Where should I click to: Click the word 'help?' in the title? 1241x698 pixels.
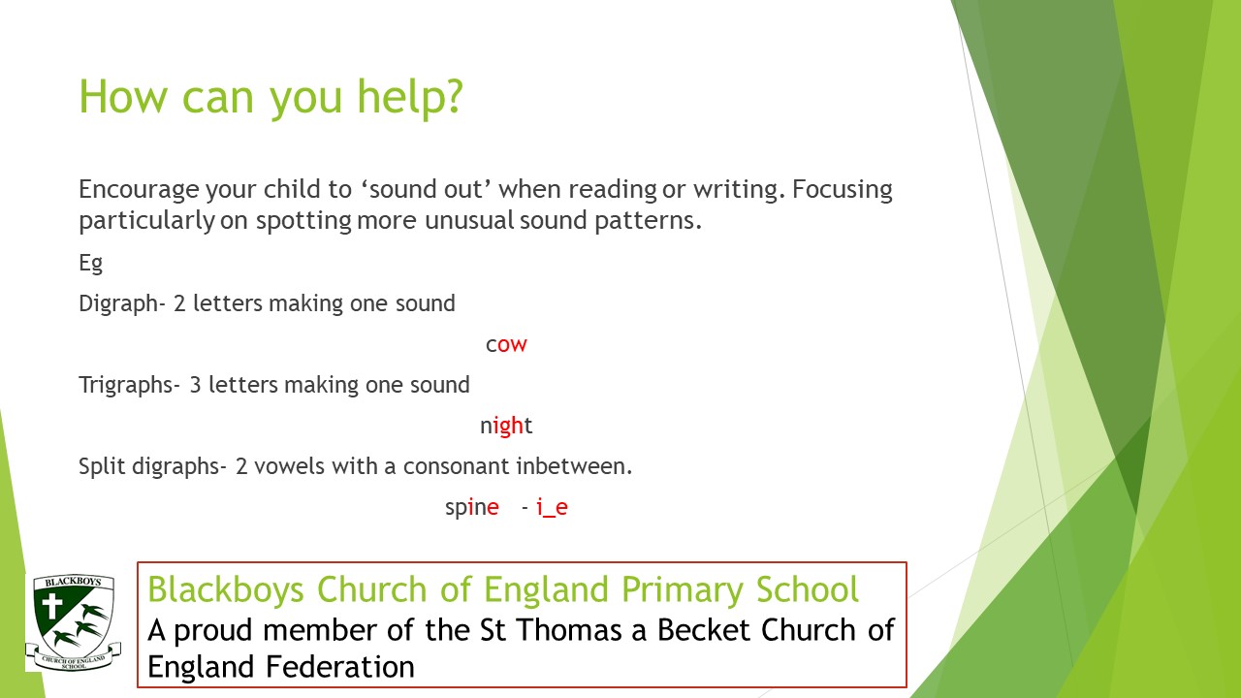coord(409,97)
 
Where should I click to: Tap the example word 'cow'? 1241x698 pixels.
coord(506,344)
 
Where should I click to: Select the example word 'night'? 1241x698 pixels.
coord(506,426)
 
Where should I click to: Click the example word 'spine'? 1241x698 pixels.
coord(472,507)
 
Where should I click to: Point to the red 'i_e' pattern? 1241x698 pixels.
coord(553,507)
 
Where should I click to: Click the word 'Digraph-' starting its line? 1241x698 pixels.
coord(122,304)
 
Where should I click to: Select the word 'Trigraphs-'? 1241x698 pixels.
coord(130,385)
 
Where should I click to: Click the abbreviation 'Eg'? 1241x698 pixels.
coord(91,263)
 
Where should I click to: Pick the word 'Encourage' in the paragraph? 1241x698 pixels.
coord(139,190)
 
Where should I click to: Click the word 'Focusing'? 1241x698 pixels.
coord(843,190)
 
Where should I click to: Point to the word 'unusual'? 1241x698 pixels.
coord(470,220)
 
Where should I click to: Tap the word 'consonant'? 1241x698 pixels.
coord(457,466)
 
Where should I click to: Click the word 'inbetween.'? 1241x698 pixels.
coord(574,466)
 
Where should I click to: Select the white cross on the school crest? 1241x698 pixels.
coord(52,607)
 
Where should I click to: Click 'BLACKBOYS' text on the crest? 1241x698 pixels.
coord(73,582)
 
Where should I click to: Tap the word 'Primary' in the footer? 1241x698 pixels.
coord(682,589)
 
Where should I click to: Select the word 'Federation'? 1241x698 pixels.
coord(339,667)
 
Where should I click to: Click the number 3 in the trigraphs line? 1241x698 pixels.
coord(195,385)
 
